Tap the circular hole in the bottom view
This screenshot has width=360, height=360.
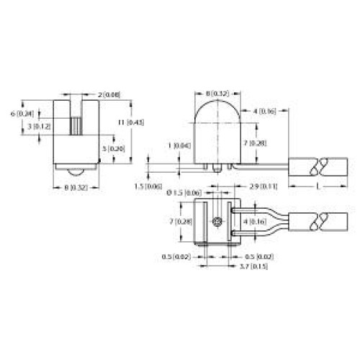tap(215, 222)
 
